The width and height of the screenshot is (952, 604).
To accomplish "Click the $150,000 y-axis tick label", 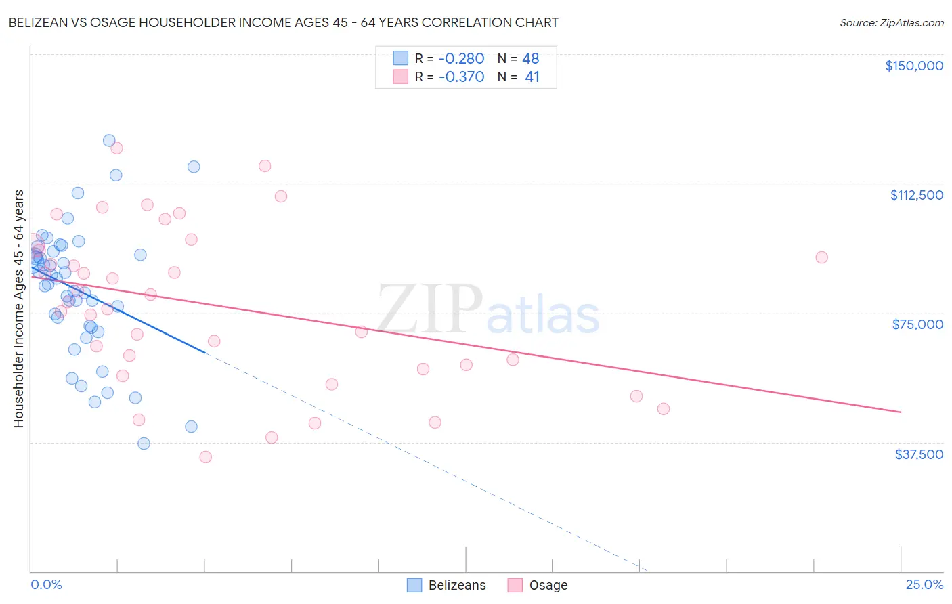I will click(x=913, y=66).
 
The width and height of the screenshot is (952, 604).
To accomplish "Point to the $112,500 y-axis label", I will click(x=916, y=195).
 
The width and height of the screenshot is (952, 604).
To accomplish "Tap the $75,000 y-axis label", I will click(x=917, y=324).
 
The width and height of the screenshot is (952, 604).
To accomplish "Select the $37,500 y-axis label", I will click(x=918, y=454).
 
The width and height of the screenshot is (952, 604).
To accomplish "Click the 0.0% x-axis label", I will click(x=46, y=584).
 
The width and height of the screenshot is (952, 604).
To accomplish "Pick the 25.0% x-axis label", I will click(x=924, y=584).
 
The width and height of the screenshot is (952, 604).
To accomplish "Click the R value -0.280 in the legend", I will click(x=461, y=58).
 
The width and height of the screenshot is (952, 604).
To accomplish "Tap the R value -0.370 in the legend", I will click(x=461, y=77).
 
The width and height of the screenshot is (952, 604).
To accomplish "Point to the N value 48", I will click(x=530, y=58).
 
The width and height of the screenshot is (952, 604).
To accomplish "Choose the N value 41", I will click(x=532, y=77).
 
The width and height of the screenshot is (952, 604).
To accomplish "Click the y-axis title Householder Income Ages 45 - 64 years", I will click(x=18, y=308).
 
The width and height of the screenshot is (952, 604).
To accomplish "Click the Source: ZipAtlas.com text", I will click(x=891, y=23).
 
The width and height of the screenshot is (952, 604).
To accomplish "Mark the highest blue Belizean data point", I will click(x=109, y=141).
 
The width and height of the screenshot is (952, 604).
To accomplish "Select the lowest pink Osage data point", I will click(x=205, y=457).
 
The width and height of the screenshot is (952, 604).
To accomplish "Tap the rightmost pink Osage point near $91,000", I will click(x=821, y=257).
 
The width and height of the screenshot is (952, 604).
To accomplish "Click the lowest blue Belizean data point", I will click(x=144, y=444).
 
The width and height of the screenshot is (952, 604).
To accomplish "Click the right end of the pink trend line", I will click(x=901, y=412).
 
